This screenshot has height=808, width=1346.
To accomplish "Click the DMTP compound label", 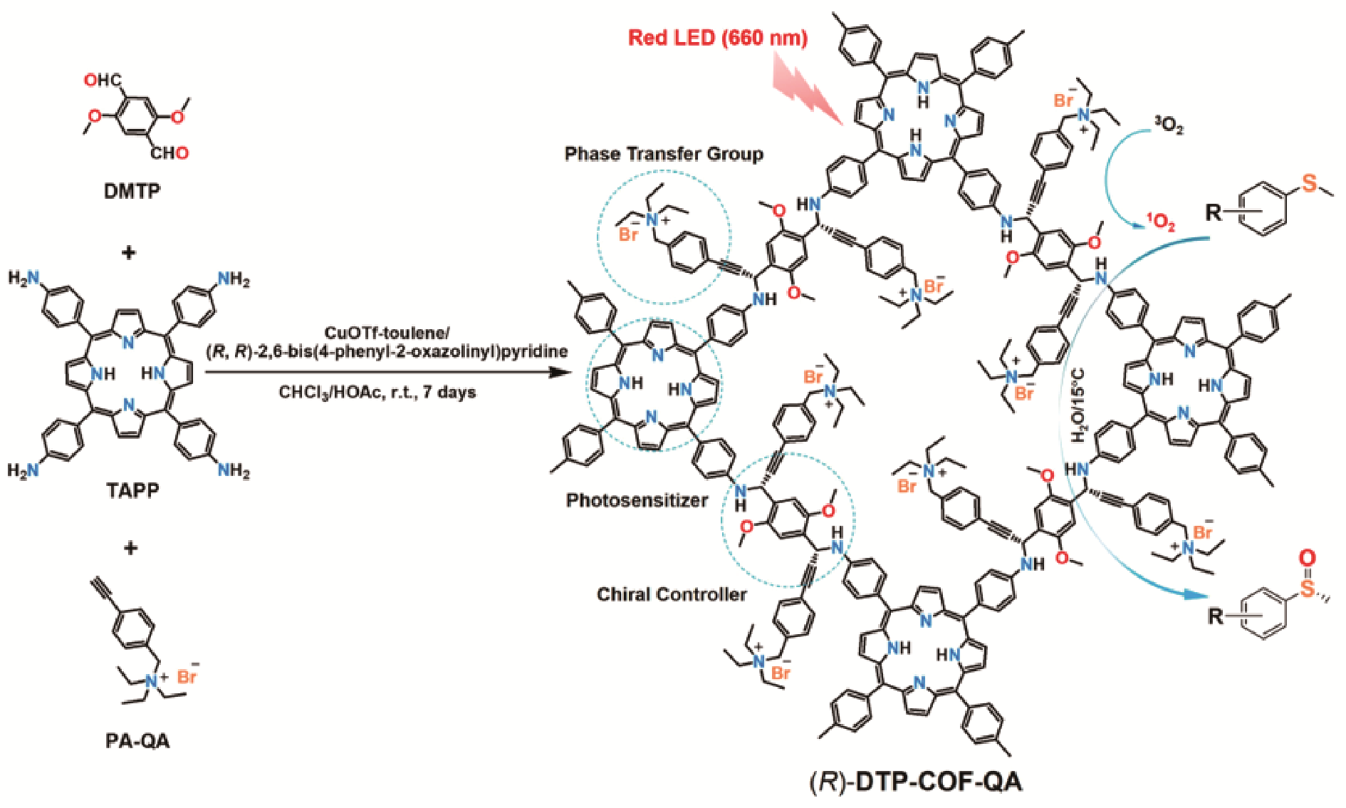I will [x=132, y=191].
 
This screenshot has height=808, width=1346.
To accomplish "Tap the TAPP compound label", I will [x=132, y=490].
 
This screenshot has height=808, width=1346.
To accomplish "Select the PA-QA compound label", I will [x=137, y=742].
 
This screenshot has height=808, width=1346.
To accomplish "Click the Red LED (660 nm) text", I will [x=717, y=37].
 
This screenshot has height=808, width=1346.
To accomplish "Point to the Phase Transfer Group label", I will [x=664, y=154].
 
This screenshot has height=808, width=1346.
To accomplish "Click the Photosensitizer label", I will [x=637, y=500].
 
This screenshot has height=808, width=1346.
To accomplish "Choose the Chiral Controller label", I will [x=672, y=594].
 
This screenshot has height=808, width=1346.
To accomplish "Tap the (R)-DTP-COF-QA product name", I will [x=916, y=782].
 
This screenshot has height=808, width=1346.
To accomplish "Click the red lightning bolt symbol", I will [x=808, y=90].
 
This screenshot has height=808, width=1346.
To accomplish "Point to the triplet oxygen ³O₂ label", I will [x=1169, y=127].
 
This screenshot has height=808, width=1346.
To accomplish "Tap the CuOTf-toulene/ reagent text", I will [x=387, y=333].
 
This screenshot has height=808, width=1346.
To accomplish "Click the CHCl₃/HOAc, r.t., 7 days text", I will [x=377, y=392].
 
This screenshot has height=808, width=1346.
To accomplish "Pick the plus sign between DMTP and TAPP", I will [x=129, y=252].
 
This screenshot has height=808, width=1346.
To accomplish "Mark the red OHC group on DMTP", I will [x=102, y=80].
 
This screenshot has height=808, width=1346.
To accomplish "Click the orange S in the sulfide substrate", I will [x=1309, y=184].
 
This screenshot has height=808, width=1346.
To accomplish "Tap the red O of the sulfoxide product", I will [x=1308, y=558].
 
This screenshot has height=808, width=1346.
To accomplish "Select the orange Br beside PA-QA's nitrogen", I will [x=187, y=675].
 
